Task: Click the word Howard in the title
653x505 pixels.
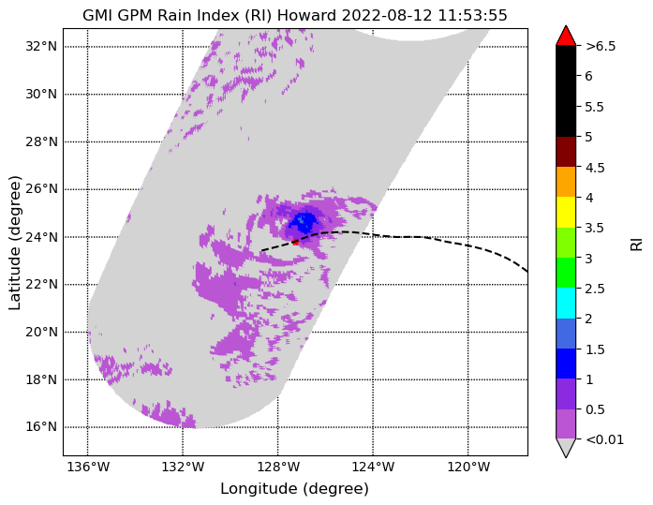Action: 306,15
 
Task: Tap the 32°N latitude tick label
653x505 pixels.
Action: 41,46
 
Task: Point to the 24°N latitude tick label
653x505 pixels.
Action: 41,237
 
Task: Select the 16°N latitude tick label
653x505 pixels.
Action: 41,427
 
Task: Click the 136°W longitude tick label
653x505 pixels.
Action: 88,468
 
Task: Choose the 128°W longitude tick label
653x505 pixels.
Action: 278,468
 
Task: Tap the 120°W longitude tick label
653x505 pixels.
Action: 468,468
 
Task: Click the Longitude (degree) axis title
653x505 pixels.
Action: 294,489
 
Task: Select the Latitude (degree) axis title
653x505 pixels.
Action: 15,243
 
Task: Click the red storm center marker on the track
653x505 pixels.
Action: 296,242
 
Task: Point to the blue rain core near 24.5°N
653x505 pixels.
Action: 304,222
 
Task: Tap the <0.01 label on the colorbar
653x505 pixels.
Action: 604,439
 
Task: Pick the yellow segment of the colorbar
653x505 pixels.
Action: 566,213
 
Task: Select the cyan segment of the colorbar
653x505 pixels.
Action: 566,304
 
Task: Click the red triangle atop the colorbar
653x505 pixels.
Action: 566,36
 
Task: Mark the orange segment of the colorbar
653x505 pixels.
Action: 566,182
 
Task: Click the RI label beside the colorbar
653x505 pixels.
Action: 637,244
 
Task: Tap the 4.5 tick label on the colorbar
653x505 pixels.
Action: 595,168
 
